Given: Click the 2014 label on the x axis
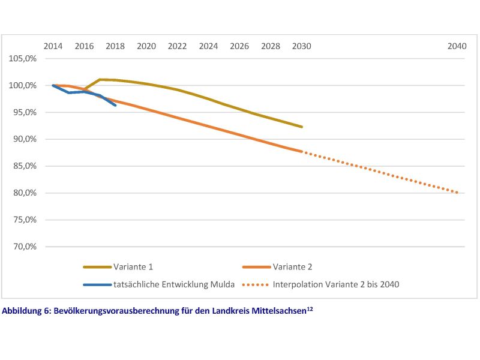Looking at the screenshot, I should pos(53,46).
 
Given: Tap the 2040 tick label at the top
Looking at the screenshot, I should pos(458,46).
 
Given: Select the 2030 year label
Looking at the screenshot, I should pos(302,46).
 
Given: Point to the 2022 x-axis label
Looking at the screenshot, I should pos(177,46).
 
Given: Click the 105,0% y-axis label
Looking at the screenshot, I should pos(22,59).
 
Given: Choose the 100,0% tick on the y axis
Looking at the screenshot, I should pos(22,86).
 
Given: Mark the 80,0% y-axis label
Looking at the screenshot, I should pos(23,193).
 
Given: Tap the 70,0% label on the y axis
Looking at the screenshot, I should pos(23,247).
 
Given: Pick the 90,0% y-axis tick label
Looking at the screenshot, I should pos(23,139).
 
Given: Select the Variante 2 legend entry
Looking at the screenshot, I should pos(292,266).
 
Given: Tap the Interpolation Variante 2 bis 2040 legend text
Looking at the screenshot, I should pos(335,284).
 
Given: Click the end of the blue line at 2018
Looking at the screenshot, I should pos(115,105).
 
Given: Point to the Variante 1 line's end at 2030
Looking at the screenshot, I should pos(302,127).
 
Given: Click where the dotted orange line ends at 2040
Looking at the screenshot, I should pos(458,193).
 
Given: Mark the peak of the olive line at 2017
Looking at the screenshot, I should pos(100,79).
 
